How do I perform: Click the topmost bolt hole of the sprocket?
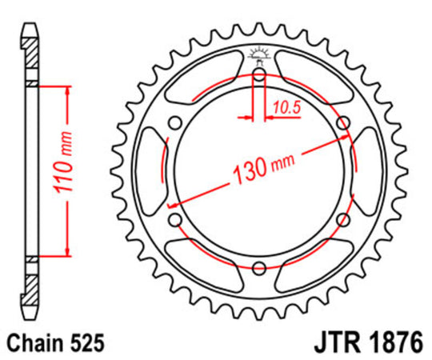click(258, 75)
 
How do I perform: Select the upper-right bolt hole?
click(342, 123)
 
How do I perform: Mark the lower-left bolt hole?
click(174, 220)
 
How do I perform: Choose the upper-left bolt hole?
click(174, 123)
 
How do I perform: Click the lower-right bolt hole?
click(342, 220)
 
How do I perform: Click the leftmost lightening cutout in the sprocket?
click(151, 171)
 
